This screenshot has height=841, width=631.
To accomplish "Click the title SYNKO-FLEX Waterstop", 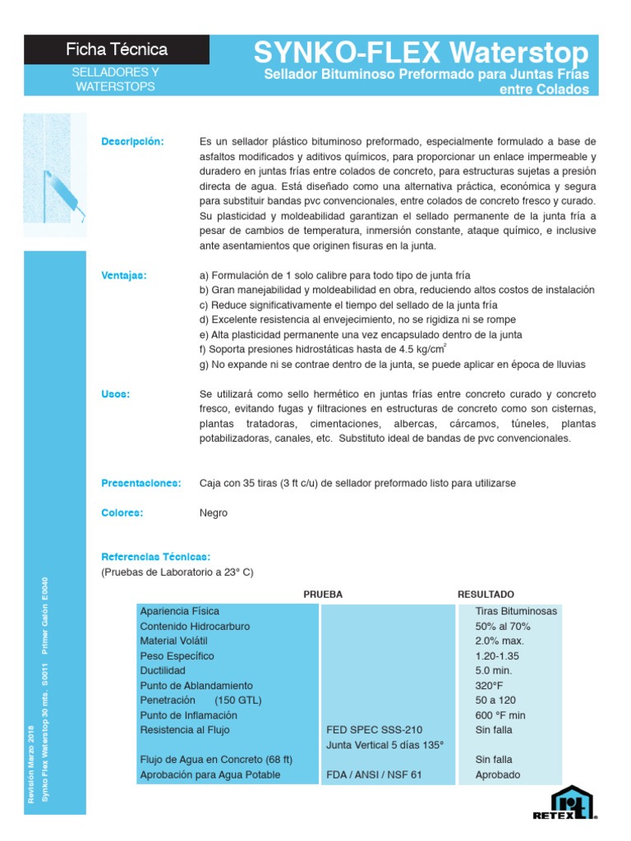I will [x=421, y=53].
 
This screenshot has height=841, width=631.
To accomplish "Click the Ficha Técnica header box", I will [x=117, y=50].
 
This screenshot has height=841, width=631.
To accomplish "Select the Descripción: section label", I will [x=132, y=141].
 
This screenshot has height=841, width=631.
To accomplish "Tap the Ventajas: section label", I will [x=124, y=275].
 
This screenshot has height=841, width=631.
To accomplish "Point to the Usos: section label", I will [x=116, y=394].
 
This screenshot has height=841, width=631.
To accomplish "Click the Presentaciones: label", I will [x=140, y=483].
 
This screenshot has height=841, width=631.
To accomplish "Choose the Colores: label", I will [x=122, y=512].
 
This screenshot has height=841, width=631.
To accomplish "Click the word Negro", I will [x=214, y=512].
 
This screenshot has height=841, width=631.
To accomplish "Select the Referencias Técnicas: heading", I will [x=155, y=557].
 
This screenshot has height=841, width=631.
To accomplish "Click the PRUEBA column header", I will [x=323, y=593].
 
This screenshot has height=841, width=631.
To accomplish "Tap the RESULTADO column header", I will [x=486, y=593].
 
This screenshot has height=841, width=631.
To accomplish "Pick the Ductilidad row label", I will [x=163, y=670].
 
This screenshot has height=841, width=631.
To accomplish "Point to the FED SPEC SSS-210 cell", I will [x=374, y=729].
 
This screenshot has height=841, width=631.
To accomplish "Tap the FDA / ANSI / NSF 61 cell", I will [x=374, y=774].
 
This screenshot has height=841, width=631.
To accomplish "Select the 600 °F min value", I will [x=500, y=715].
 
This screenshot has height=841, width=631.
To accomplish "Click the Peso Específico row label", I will [x=177, y=655].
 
